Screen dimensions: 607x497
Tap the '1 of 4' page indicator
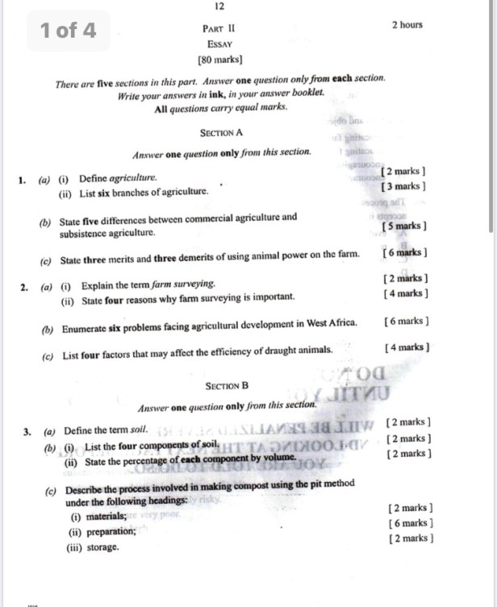click(68, 31)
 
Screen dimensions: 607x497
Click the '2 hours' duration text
click(407, 25)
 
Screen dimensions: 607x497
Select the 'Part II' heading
click(219, 27)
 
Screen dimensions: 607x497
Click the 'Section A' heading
click(220, 132)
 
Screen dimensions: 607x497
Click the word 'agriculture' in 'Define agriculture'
click(134, 177)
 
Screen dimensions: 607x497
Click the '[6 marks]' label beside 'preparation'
click(410, 523)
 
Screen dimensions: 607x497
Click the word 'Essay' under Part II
click(219, 44)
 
